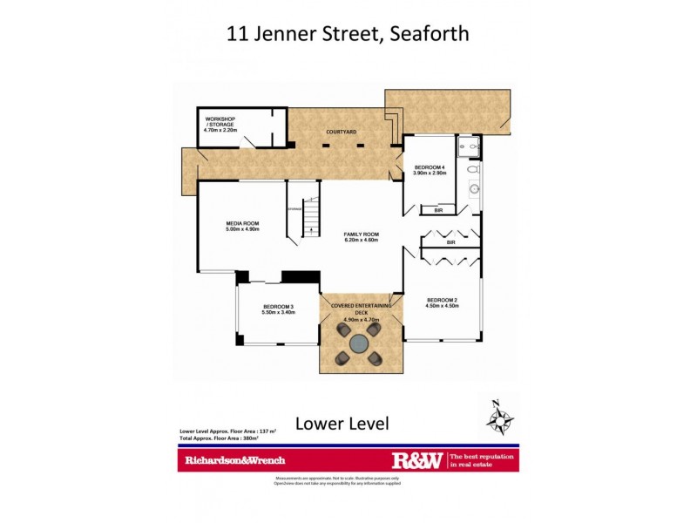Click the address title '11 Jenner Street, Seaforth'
[348, 34]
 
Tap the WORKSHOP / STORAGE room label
[220, 123]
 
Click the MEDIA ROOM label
[243, 226]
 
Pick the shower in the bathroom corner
[470, 146]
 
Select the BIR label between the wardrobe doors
[450, 243]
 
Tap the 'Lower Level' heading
[341, 424]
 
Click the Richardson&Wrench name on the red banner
[233, 460]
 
